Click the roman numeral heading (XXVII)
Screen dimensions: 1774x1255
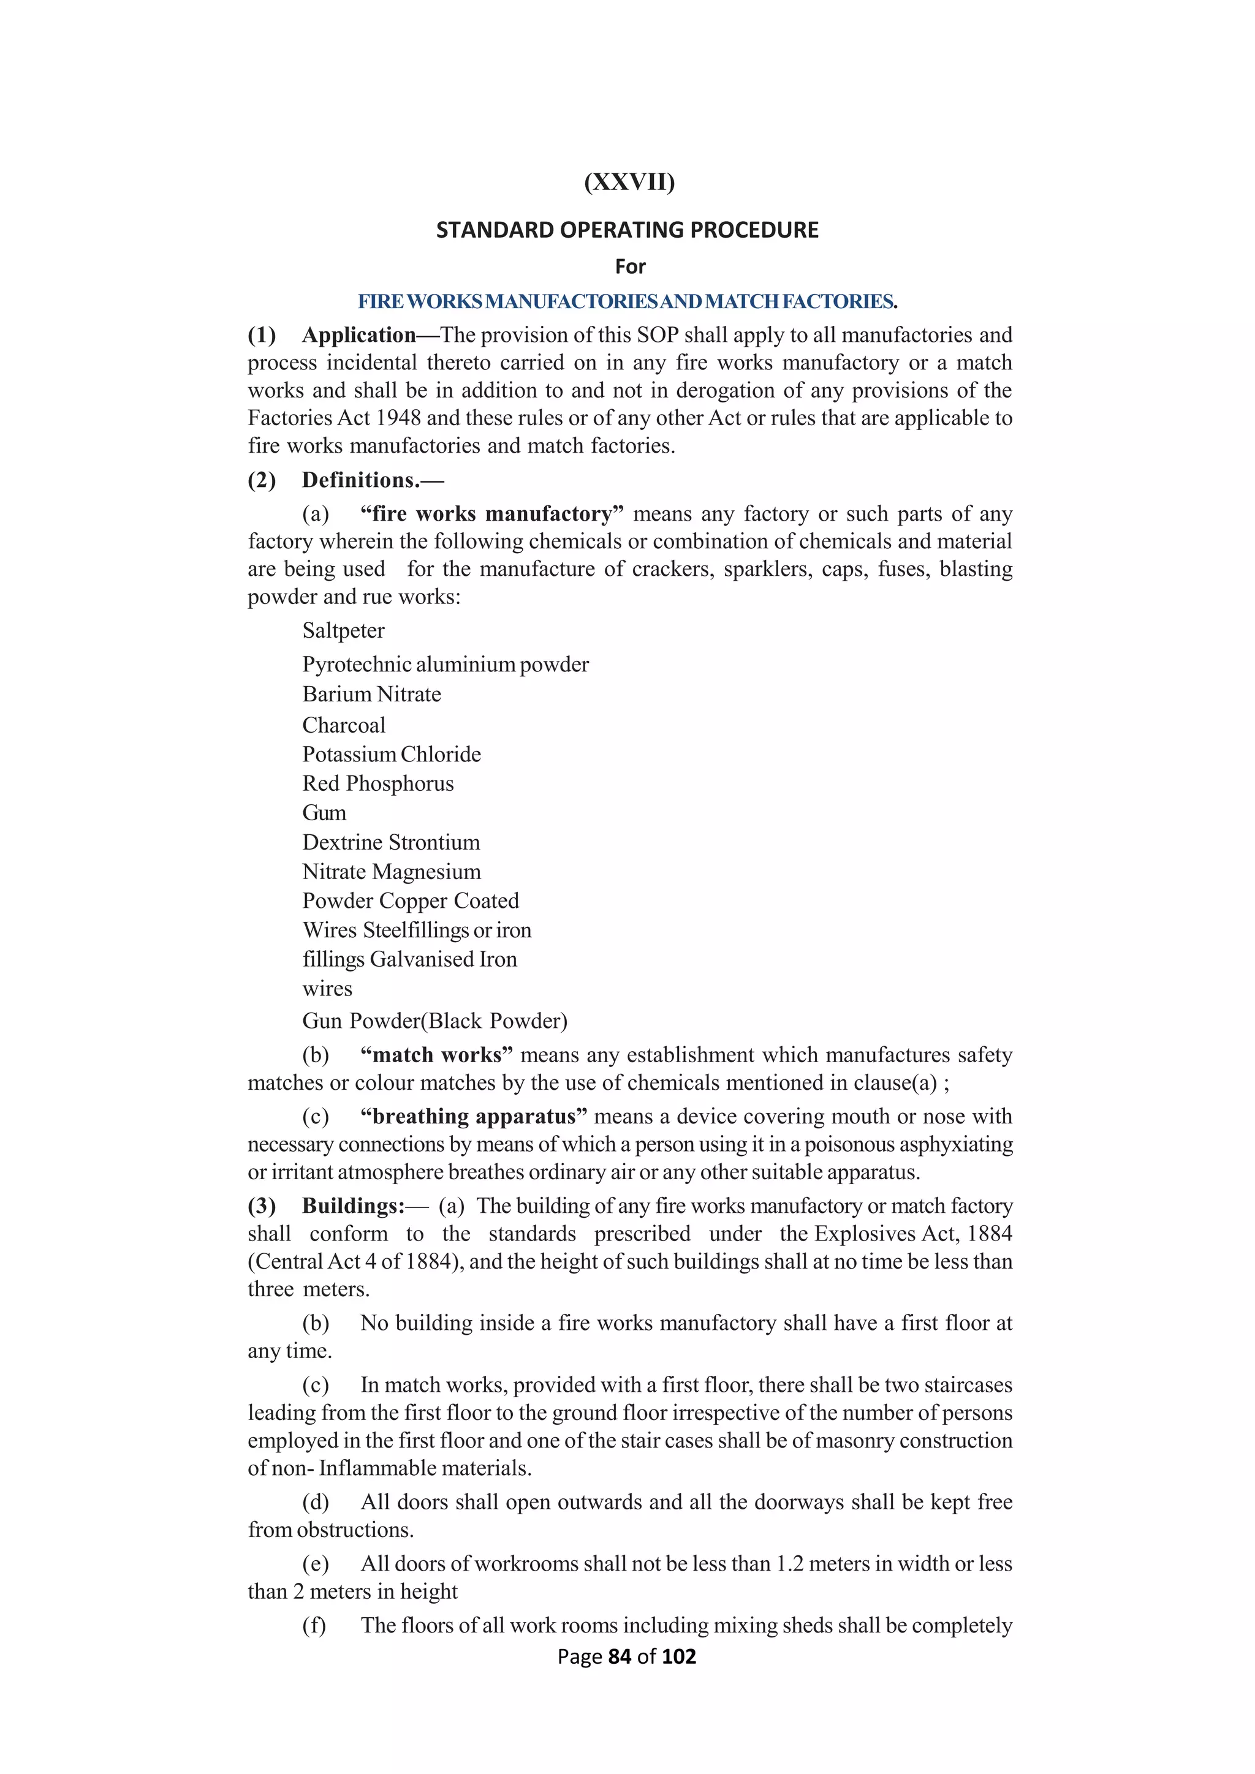pyautogui.click(x=629, y=183)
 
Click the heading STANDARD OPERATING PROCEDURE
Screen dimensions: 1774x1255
pyautogui.click(x=627, y=230)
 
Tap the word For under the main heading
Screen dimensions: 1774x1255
pyautogui.click(x=630, y=266)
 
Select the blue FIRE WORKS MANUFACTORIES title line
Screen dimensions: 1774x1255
pyautogui.click(x=627, y=301)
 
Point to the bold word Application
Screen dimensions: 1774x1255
pyautogui.click(x=359, y=335)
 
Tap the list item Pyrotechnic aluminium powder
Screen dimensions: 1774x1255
pyautogui.click(x=445, y=665)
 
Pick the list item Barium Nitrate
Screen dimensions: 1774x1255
pyautogui.click(x=372, y=694)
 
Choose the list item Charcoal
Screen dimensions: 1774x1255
pyautogui.click(x=343, y=725)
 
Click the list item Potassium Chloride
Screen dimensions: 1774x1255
pyautogui.click(x=391, y=754)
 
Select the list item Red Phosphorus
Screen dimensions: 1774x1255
pyautogui.click(x=378, y=783)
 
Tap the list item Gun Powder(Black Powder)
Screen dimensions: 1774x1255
pyautogui.click(x=434, y=1021)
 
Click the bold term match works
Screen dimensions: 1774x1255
pyautogui.click(x=437, y=1055)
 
